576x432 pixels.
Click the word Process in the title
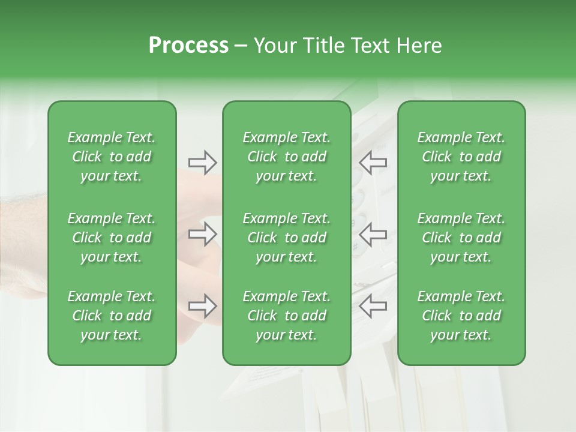188,46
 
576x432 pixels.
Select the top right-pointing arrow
202,162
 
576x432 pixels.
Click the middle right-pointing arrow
202,234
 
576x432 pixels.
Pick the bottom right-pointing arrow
202,306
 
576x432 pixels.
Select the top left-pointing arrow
373,162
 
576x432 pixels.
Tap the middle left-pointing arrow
373,234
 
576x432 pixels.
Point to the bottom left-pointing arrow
373,306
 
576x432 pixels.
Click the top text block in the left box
112,157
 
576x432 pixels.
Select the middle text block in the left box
112,238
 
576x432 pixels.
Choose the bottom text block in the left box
112,316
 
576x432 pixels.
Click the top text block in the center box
287,157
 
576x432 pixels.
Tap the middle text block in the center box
287,238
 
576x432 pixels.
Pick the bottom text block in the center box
287,316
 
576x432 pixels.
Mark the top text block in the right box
461,157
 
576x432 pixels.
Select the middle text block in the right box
461,238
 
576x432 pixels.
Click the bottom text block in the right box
461,316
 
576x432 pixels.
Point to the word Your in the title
274,46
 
